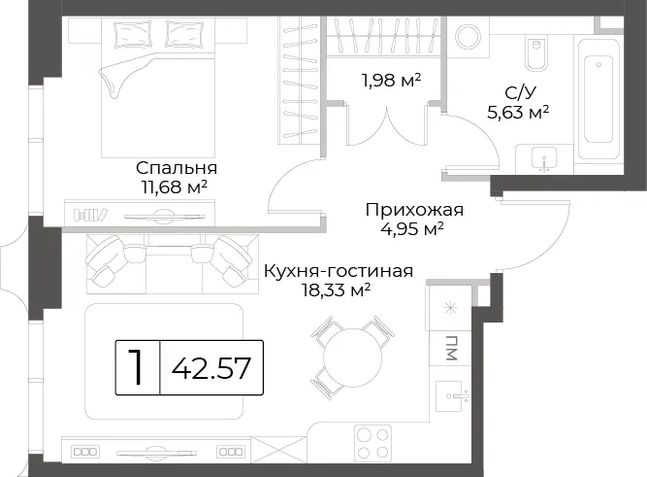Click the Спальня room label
(177, 168)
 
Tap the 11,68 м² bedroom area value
(175, 187)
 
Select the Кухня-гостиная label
(339, 272)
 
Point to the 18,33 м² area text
(336, 290)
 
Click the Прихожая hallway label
(414, 210)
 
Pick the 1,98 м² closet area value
(391, 81)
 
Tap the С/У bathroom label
(521, 93)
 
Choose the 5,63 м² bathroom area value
(518, 113)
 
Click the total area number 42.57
(211, 368)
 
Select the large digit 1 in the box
(136, 366)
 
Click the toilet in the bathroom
(536, 52)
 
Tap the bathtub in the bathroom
(598, 99)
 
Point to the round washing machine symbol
(468, 37)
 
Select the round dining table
(353, 358)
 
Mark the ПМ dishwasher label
(451, 348)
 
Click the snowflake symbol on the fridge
(450, 308)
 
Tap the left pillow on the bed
(133, 34)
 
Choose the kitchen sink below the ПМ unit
(452, 396)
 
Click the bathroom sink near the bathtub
(544, 160)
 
